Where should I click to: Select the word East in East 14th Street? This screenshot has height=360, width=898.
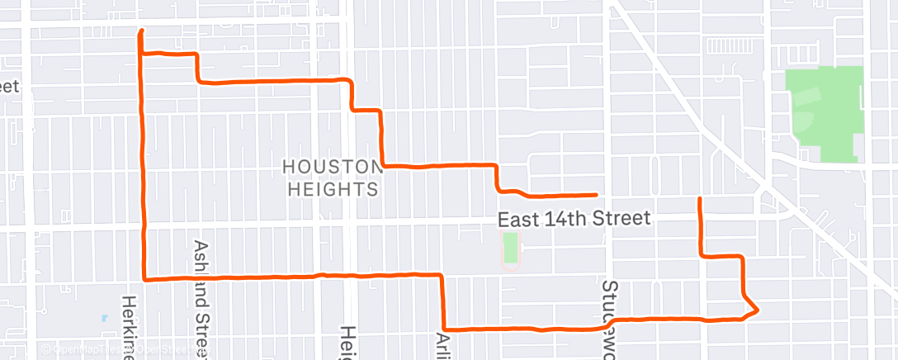tap(518, 220)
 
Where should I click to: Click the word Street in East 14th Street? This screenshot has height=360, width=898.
tap(623, 220)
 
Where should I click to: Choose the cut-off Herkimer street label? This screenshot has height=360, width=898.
tap(128, 326)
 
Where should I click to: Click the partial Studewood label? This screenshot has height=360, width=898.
tap(610, 319)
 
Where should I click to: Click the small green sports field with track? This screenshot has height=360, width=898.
tap(511, 250)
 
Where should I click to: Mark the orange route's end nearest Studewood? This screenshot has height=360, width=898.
tap(596, 195)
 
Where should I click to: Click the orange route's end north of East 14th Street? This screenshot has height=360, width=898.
tap(700, 199)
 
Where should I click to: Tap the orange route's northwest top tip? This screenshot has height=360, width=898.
tap(141, 31)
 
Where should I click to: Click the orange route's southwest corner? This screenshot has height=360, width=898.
tap(146, 279)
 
